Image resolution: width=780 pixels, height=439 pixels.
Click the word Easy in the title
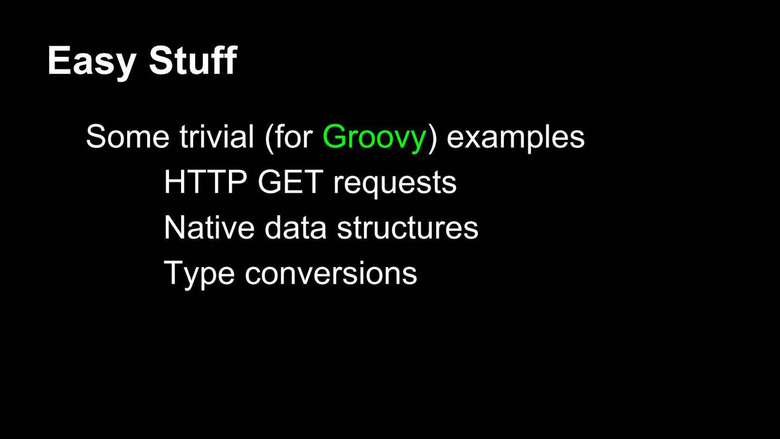point(92,62)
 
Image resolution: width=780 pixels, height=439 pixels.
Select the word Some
point(127,136)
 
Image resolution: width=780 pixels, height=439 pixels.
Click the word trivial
point(217,136)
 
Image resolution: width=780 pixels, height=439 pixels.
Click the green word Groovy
point(374,138)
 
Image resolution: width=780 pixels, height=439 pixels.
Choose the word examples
point(516,138)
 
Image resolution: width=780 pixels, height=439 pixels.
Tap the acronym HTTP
point(205,182)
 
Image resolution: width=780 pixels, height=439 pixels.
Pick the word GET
point(291,182)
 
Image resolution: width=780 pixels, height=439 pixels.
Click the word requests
point(395,184)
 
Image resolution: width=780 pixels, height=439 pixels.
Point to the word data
point(296,227)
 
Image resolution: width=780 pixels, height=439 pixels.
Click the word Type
point(199,275)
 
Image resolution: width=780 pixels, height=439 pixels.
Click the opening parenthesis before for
point(269,138)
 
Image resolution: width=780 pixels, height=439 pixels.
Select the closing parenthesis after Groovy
point(432,138)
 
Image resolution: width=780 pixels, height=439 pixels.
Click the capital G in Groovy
point(335,136)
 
